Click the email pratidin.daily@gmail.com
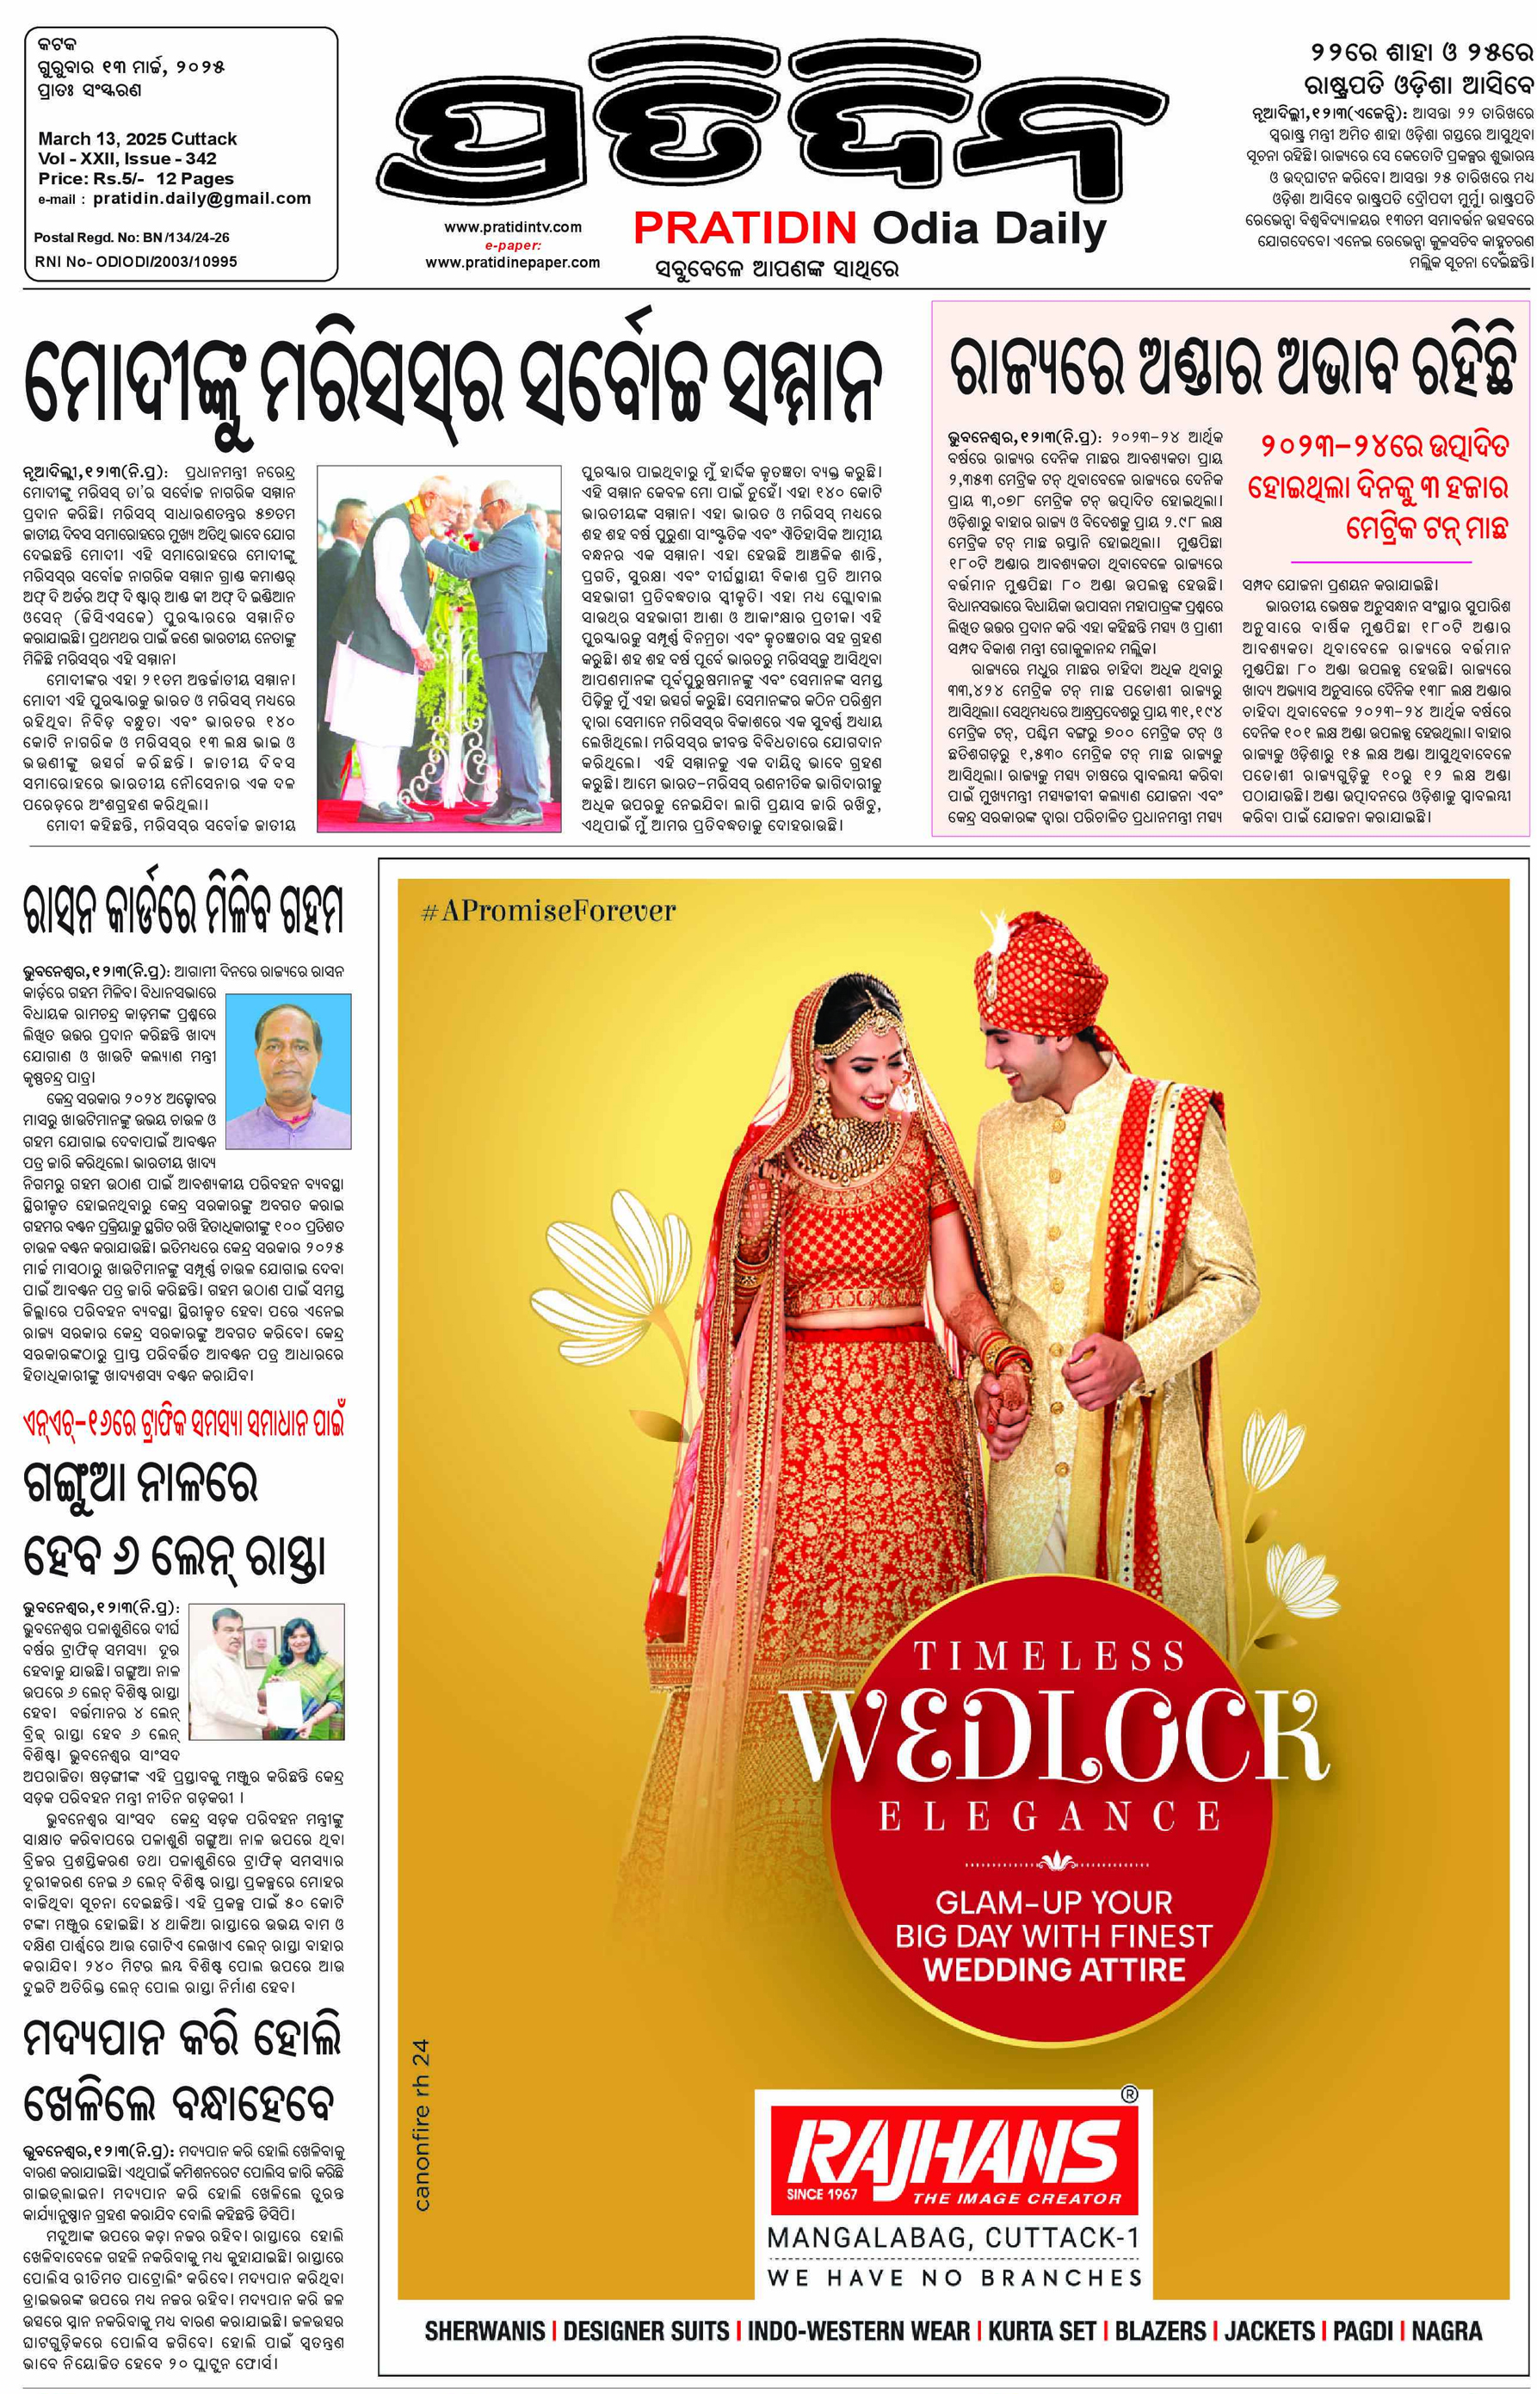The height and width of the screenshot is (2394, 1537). (x=201, y=199)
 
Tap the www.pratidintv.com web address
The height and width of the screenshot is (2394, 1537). (x=512, y=226)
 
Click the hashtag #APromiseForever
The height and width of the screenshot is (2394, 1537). (x=548, y=911)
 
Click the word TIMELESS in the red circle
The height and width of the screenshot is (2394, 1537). (x=1049, y=1656)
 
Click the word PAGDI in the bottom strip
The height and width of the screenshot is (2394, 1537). (x=1363, y=2331)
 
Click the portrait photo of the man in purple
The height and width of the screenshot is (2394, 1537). (x=289, y=1069)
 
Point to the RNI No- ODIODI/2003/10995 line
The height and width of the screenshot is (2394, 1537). (x=136, y=262)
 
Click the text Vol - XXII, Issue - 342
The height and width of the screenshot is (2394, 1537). (x=127, y=158)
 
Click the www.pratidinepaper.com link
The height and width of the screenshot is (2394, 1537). (x=512, y=263)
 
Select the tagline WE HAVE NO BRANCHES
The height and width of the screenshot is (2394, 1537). (x=954, y=2277)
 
